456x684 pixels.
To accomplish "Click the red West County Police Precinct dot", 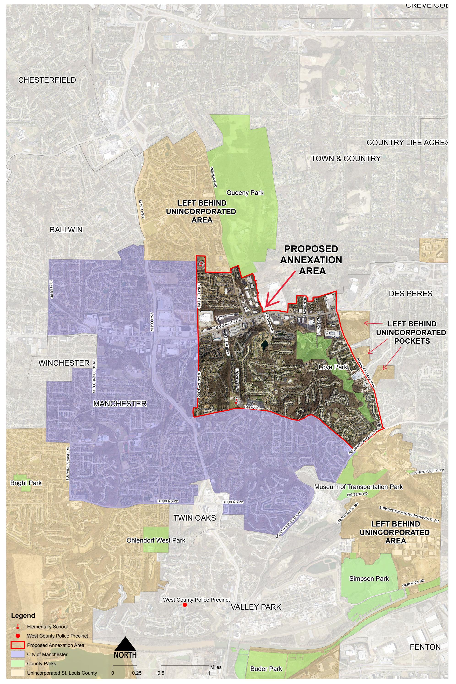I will pyautogui.click(x=185, y=605).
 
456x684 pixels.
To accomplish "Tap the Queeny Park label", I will pyautogui.click(x=245, y=193).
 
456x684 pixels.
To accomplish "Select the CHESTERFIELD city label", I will pyautogui.click(x=47, y=80).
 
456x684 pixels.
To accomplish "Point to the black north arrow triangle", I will pyautogui.click(x=125, y=644).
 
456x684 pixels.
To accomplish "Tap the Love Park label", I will pyautogui.click(x=333, y=367).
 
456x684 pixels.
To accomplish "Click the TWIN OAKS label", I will pyautogui.click(x=195, y=518).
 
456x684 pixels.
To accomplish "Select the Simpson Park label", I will pyautogui.click(x=369, y=578).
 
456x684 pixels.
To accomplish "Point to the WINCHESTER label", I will pyautogui.click(x=64, y=363).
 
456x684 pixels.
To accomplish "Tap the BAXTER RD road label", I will pyautogui.click(x=51, y=289).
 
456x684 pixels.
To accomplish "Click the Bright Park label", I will pyautogui.click(x=26, y=483).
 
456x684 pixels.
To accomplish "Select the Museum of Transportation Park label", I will pyautogui.click(x=358, y=486).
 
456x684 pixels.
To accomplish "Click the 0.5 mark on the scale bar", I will pyautogui.click(x=161, y=673).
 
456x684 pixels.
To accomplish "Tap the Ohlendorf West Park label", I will pyautogui.click(x=156, y=540).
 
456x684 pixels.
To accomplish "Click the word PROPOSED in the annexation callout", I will pyautogui.click(x=311, y=249).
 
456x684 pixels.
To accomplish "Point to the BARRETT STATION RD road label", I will pyautogui.click(x=366, y=373).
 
